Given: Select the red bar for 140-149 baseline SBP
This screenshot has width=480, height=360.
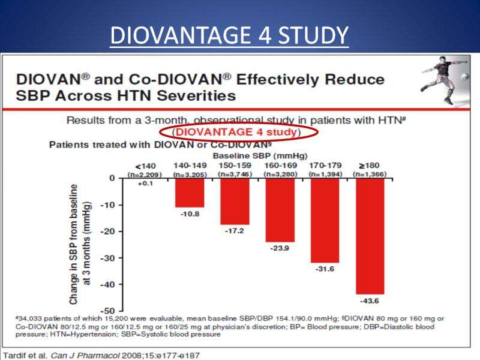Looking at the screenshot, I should point(190,193).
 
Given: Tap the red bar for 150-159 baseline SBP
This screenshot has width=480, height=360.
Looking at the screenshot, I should point(235,201).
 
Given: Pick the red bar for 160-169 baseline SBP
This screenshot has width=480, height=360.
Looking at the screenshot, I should point(280,210).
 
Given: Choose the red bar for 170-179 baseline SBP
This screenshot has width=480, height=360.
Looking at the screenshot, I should point(325,220).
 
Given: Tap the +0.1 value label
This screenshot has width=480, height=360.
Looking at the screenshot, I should point(146,184).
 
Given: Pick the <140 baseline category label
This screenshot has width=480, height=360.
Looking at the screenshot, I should point(146,164).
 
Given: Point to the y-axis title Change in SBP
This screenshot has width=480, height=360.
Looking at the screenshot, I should point(76,244).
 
